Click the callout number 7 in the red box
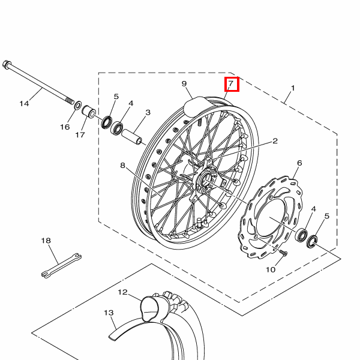point(231,83)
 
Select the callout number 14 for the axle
point(25,104)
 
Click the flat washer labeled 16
point(77,106)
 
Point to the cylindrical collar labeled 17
point(89,112)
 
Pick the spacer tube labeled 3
point(132,137)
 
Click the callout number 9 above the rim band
point(184,83)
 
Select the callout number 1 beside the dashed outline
point(293,88)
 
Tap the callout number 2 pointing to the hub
point(275,141)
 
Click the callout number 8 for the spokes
point(122,165)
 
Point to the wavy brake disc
point(271,217)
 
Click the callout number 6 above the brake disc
point(299,163)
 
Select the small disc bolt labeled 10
point(284,253)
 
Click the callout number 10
point(271,269)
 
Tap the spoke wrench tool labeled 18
point(62,266)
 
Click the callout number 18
point(46,241)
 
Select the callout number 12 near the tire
point(122,292)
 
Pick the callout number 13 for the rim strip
point(109,313)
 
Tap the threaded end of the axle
point(70,100)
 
